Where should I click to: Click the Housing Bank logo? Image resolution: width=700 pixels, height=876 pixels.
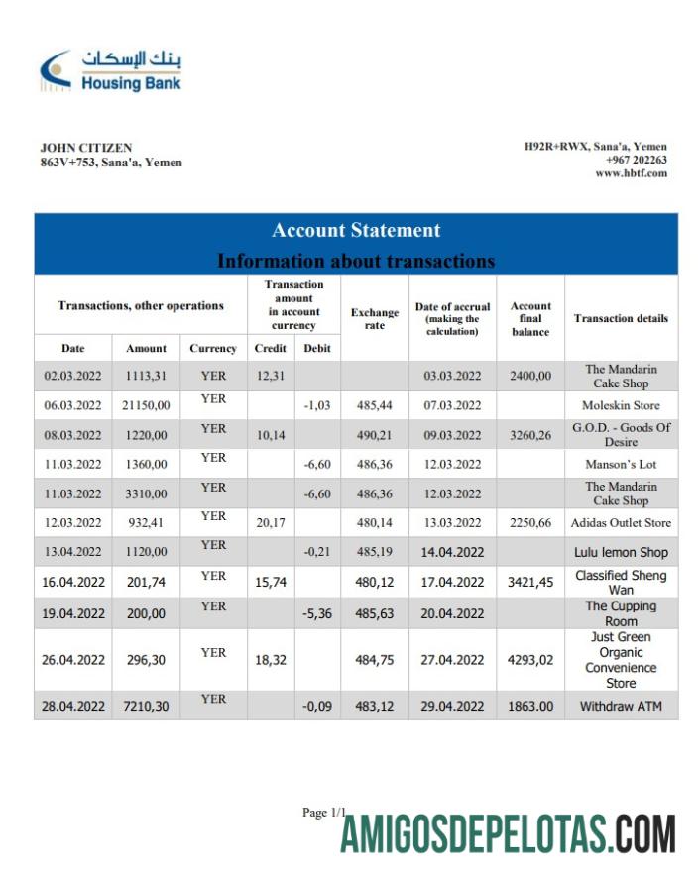(110, 70)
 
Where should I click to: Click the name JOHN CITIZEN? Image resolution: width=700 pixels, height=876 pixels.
(86, 148)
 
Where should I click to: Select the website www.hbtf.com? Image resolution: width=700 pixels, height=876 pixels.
(632, 173)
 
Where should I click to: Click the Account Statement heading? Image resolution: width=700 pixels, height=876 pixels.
(356, 230)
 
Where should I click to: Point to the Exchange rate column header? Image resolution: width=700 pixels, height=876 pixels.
(375, 319)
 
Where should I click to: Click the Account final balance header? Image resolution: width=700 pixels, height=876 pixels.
(530, 319)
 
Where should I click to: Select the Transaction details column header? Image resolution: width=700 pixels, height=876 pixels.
(621, 319)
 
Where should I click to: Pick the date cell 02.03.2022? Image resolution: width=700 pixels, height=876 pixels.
(72, 376)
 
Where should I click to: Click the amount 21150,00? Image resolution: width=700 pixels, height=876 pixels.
(146, 405)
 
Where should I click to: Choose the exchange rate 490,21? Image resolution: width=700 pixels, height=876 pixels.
(375, 434)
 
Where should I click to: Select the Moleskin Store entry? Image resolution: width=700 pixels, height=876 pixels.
(621, 405)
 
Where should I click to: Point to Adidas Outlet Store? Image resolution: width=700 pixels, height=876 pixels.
(621, 523)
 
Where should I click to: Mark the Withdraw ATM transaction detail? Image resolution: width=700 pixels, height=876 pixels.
(621, 707)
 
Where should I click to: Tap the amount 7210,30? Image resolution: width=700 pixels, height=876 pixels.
(146, 707)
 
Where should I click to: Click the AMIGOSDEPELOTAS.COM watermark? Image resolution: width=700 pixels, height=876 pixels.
(509, 833)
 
